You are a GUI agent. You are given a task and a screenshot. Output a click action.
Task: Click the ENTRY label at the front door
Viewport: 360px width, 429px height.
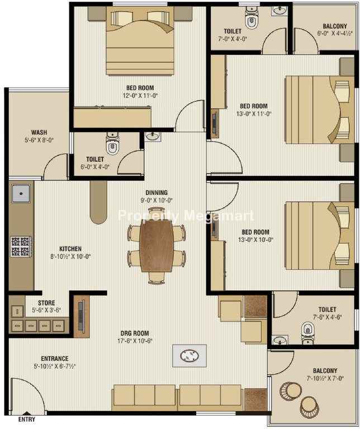[27, 419]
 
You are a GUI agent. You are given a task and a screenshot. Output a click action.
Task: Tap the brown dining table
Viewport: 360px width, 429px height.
[157, 246]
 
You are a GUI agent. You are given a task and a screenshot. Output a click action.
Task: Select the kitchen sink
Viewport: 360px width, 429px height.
[21, 193]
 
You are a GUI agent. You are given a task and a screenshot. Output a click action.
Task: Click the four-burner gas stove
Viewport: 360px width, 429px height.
[21, 246]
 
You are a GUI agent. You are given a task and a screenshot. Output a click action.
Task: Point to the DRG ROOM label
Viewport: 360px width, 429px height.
[135, 333]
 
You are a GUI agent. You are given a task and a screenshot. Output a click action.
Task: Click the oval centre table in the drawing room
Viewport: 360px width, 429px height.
[190, 356]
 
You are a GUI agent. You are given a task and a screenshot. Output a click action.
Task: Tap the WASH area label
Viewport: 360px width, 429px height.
[39, 132]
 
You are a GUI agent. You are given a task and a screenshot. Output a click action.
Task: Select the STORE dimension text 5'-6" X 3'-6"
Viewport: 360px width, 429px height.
[46, 310]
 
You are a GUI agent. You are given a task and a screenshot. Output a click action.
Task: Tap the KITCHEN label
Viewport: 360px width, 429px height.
[70, 249]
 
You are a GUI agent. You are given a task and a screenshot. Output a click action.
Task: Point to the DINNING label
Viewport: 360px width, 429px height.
[157, 193]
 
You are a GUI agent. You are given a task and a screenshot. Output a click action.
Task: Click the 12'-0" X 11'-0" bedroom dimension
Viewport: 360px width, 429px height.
[140, 96]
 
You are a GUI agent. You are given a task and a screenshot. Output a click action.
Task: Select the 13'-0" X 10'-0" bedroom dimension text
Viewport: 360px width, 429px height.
[255, 240]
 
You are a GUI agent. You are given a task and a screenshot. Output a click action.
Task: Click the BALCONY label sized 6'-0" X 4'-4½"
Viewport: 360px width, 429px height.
[334, 26]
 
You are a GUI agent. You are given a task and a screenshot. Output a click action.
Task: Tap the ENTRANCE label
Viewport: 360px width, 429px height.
[55, 359]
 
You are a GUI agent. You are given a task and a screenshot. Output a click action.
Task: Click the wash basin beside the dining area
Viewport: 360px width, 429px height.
[152, 136]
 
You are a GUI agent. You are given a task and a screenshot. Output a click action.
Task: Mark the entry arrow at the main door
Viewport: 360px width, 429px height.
[26, 413]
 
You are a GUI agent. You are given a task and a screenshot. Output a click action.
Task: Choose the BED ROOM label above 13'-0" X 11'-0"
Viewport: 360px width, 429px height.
[254, 106]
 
